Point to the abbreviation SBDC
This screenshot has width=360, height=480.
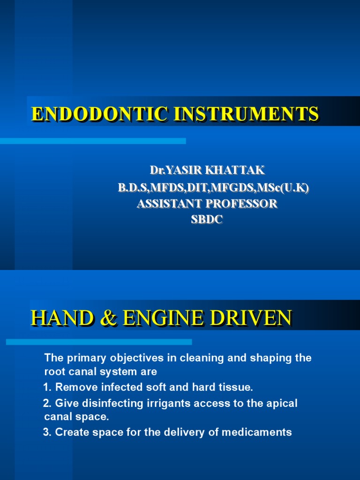click(x=207, y=219)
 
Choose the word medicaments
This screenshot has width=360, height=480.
click(x=257, y=432)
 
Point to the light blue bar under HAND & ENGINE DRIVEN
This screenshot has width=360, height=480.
click(x=98, y=342)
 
